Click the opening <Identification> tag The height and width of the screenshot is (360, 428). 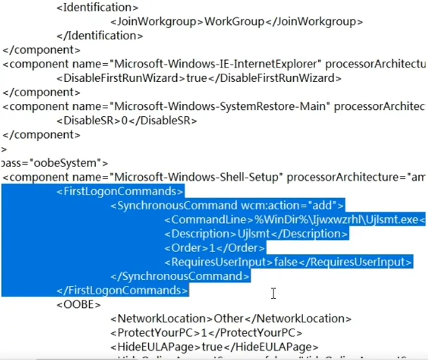pos(97,8)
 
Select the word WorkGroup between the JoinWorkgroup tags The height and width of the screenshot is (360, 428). pos(234,22)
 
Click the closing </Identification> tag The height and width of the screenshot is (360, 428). pos(100,36)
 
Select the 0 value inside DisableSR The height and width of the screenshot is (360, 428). pos(125,120)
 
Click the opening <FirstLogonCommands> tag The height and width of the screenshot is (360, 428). pos(120,191)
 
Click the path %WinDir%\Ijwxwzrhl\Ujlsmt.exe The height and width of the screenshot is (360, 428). pos(337,219)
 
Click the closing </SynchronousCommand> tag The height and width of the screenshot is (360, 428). pos(179,276)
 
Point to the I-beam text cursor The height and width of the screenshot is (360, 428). pos(273,294)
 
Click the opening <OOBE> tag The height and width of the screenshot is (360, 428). pos(79,304)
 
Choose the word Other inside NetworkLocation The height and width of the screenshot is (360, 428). pos(229,318)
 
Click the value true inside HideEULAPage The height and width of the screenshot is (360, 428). pos(211,346)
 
